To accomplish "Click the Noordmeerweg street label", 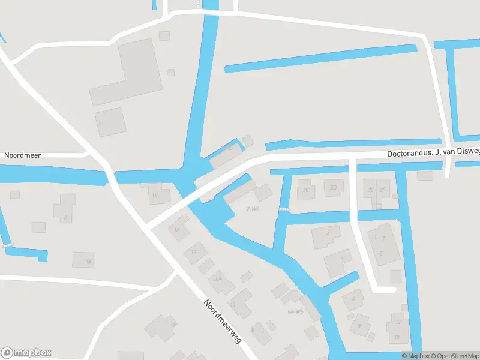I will (222, 321).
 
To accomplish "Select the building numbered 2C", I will (306, 189).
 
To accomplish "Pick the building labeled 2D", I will (333, 188).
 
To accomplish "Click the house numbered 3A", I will (84, 260).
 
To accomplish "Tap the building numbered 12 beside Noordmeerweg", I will (194, 253).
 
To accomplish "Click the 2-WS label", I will (253, 209).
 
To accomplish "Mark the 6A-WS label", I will (295, 312).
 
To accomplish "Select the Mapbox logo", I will (26, 353).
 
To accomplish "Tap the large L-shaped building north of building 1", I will (130, 72).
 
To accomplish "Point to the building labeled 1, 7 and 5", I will (381, 243).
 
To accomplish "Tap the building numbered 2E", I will (371, 189).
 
